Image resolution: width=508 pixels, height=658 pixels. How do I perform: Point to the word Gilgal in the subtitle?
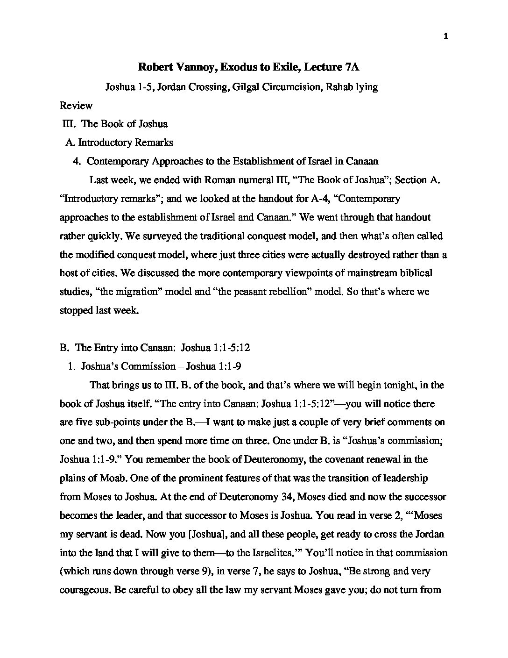[244, 87]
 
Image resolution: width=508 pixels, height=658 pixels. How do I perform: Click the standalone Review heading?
[76, 105]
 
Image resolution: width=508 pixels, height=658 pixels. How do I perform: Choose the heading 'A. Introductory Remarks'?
[120, 143]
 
